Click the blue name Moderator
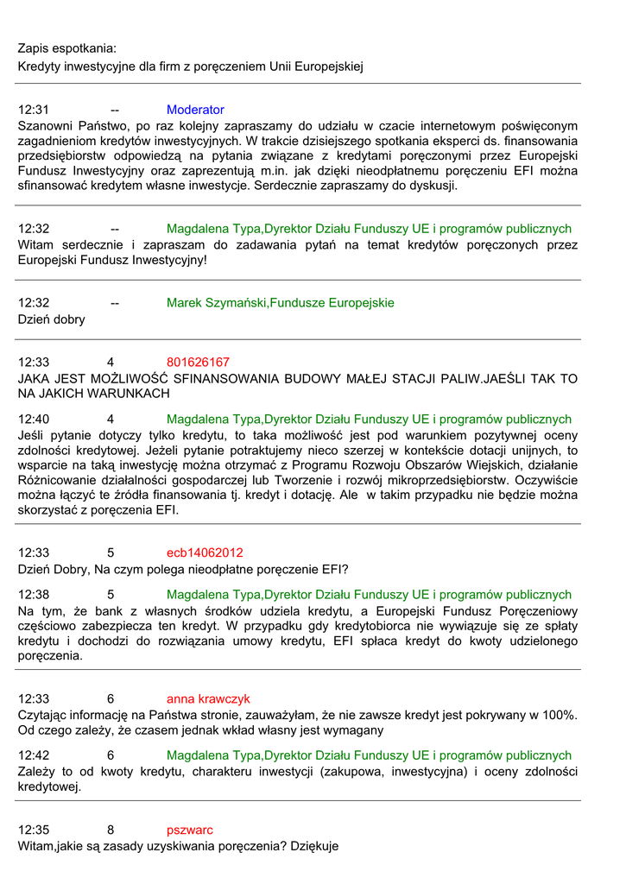tap(195, 110)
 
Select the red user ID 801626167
tap(198, 362)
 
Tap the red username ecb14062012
tap(205, 552)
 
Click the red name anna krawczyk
tap(208, 698)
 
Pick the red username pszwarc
tap(190, 830)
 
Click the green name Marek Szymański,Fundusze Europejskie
tap(280, 303)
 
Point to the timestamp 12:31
tap(34, 110)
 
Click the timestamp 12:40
tap(34, 419)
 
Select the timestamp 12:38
tap(34, 595)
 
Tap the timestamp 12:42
tap(34, 755)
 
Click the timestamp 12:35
tap(34, 830)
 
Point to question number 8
tap(111, 830)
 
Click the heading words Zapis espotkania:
tap(66, 47)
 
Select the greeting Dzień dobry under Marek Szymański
tap(52, 319)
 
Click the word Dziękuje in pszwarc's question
tap(313, 846)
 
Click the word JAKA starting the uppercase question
tap(35, 378)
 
